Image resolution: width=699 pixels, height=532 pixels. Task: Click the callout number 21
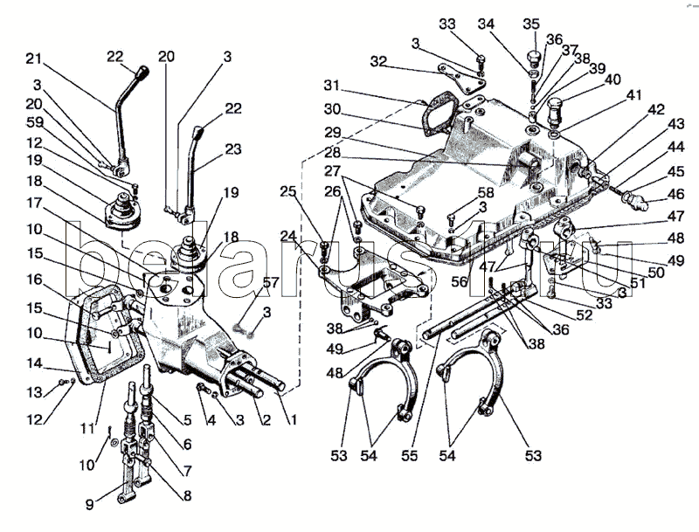click(33, 59)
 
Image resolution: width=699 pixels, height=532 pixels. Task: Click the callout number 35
click(530, 23)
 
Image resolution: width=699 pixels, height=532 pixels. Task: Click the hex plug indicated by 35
click(530, 59)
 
